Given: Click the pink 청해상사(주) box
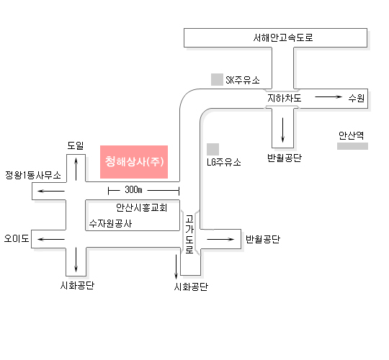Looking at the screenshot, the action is [134, 162].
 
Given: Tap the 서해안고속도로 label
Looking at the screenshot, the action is [283, 37].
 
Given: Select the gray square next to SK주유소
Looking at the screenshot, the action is [217, 80].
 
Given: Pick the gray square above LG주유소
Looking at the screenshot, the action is [213, 149].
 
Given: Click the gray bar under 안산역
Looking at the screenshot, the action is [352, 146].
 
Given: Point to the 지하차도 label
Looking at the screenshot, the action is [285, 98].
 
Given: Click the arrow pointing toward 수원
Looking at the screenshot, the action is [328, 96].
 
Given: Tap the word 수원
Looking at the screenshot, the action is [357, 98].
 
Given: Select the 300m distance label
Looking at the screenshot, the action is [133, 189].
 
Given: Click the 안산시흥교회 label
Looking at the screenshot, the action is [142, 207].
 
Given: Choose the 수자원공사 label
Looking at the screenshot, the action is [111, 224].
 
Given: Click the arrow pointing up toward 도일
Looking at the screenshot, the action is [76, 169].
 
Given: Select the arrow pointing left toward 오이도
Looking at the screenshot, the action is [51, 240].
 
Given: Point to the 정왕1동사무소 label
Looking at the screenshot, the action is [33, 175].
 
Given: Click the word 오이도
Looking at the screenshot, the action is [17, 238].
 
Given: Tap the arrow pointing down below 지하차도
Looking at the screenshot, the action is [282, 130].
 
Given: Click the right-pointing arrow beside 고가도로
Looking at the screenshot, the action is [220, 239].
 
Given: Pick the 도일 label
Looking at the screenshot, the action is [76, 145].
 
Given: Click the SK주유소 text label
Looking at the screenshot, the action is [243, 80].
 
